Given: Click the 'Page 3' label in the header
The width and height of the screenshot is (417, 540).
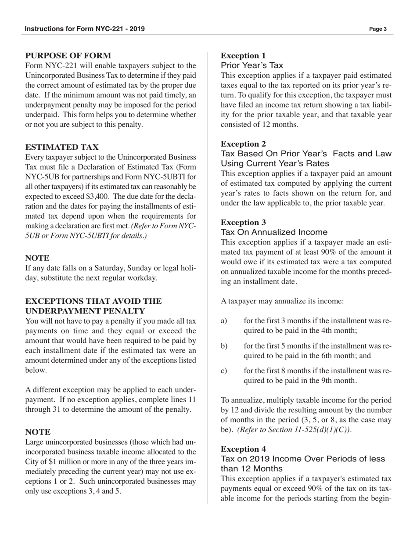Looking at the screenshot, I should (377, 29).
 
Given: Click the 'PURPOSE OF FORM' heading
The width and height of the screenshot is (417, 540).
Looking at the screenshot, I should (68, 56).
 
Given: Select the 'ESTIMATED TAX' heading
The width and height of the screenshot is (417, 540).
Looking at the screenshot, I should (62, 147).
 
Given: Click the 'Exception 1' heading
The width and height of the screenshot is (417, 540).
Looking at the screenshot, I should (243, 56).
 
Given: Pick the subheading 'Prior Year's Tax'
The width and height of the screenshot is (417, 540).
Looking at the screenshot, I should (252, 65).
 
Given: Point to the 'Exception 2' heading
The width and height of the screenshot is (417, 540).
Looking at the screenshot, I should (243, 144).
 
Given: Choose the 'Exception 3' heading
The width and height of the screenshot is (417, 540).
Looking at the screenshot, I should (243, 223).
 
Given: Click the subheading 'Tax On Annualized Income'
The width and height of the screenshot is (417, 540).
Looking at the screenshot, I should (274, 232).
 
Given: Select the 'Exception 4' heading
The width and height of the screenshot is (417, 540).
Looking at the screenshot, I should (243, 449).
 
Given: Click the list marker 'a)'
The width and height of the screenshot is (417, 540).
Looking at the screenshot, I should (224, 321).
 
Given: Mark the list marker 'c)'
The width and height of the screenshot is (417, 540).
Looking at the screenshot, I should (224, 371).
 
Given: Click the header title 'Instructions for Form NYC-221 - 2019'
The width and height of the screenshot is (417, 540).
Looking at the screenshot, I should (85, 29).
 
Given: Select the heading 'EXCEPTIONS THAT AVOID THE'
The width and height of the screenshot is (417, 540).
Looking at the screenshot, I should (93, 301).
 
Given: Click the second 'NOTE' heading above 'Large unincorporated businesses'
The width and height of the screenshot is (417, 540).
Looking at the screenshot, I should (38, 432).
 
